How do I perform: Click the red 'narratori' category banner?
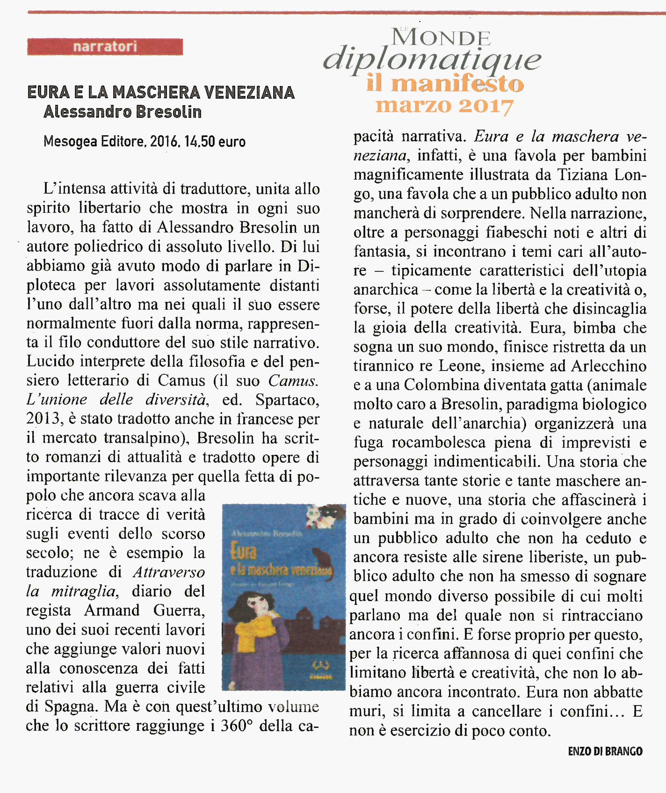105,47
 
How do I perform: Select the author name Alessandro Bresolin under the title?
123,112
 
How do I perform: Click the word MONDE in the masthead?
441,37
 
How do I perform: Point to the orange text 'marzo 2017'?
444,106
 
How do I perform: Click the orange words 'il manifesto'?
445,84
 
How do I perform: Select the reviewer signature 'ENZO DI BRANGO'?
605,751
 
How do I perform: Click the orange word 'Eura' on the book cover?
244,552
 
